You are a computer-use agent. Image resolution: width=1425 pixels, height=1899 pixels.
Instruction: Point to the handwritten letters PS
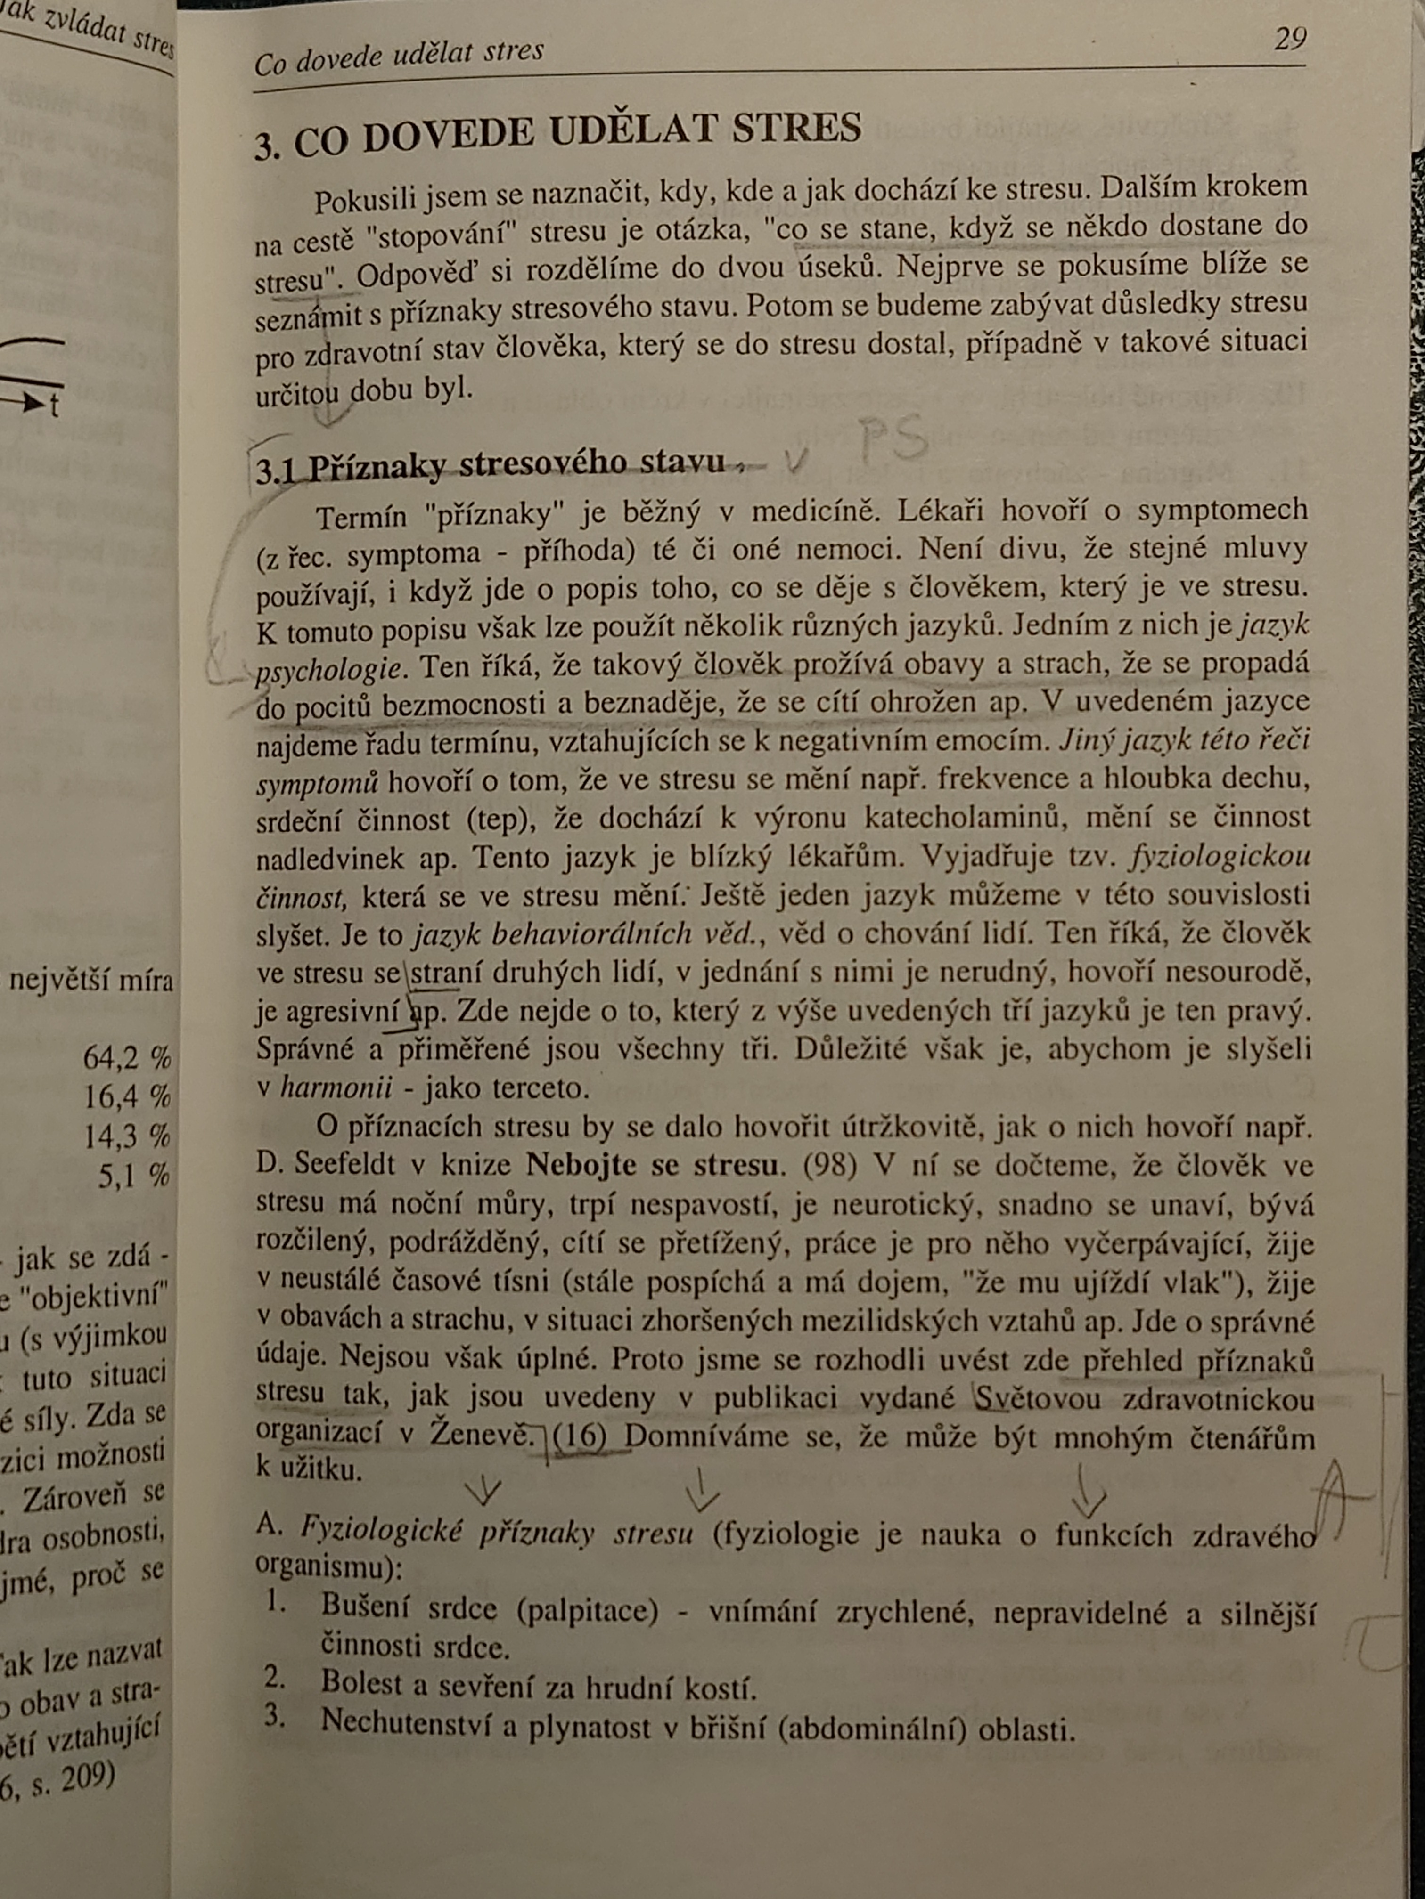tap(893, 439)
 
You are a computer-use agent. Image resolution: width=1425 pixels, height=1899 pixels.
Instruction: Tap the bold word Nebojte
tap(580, 1165)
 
